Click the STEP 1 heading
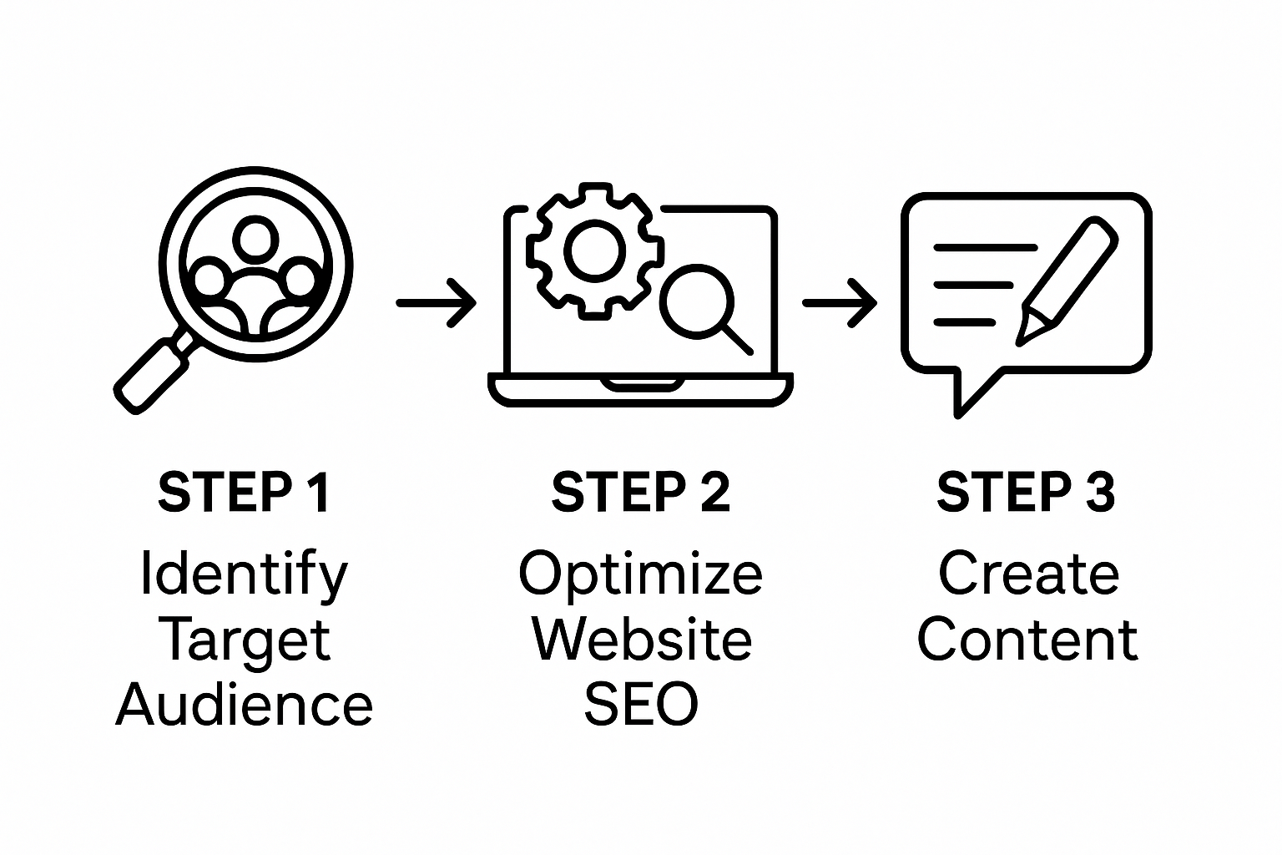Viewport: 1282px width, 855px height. coord(244,493)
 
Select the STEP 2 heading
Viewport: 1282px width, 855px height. coord(640,493)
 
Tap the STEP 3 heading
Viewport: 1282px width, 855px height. coord(1026,493)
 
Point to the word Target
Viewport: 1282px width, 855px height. coord(244,641)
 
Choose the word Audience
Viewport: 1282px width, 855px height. coord(244,705)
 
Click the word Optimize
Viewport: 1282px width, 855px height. coord(640,574)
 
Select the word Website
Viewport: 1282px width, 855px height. coord(641,640)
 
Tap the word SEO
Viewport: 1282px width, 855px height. coord(640,705)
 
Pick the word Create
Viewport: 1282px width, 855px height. coord(1028,574)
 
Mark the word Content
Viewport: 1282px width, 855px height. coord(1027,640)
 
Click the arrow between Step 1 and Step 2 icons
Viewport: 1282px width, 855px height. coord(436,302)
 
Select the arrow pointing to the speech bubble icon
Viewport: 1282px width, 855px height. coord(839,302)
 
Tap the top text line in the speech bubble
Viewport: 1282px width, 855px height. coord(985,248)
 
